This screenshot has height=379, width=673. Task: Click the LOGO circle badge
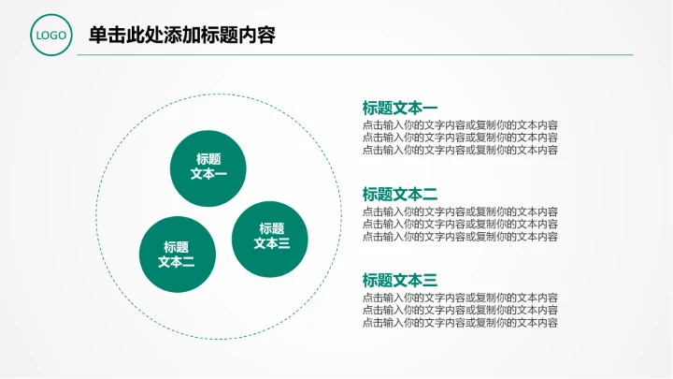pos(50,36)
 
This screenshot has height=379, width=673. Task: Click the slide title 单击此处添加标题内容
pos(181,36)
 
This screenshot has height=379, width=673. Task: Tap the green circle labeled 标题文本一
pos(208,167)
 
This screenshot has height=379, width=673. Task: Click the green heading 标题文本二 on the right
pos(400,194)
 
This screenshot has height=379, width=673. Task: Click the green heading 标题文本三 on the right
pos(400,280)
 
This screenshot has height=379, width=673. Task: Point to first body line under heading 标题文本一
pos(460,124)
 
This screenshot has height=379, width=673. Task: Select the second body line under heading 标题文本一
pos(460,137)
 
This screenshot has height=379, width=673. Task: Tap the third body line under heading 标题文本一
pos(460,149)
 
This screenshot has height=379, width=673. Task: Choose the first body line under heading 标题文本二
pos(460,211)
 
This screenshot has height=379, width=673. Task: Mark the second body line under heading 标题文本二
pos(460,224)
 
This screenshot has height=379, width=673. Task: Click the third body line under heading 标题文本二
pos(460,236)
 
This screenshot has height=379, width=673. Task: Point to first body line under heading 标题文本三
pos(460,298)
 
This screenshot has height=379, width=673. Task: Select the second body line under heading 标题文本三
pos(460,310)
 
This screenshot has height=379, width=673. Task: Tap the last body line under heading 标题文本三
pos(460,322)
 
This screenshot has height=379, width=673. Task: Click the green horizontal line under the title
pos(355,55)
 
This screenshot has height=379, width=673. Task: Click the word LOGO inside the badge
pos(50,36)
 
